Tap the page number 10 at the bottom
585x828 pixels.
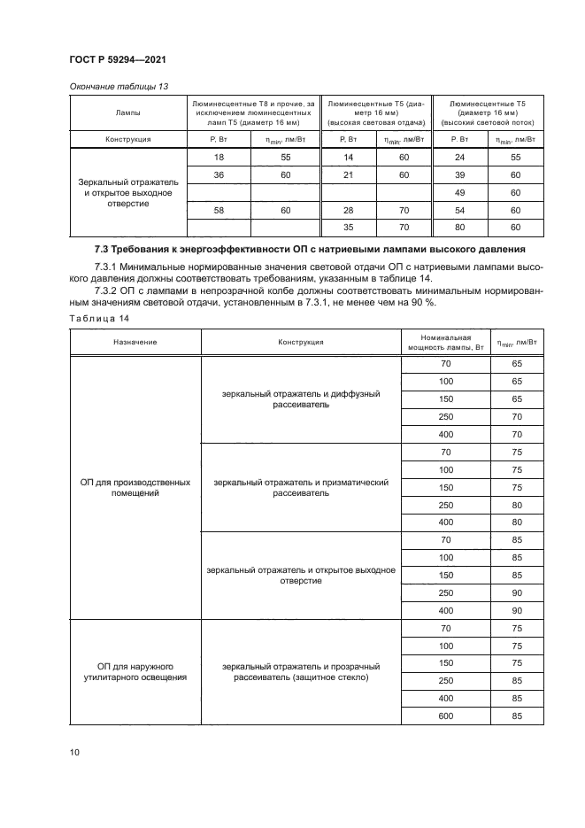[74, 752]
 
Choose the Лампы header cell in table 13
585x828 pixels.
[127, 113]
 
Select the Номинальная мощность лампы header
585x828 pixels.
[444, 341]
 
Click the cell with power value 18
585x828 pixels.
[219, 157]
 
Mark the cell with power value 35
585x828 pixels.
[349, 227]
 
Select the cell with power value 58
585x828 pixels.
[219, 210]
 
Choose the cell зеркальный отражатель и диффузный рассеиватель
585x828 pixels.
[301, 399]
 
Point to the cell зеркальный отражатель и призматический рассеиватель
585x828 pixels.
[301, 488]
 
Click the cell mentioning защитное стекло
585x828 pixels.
[301, 671]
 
